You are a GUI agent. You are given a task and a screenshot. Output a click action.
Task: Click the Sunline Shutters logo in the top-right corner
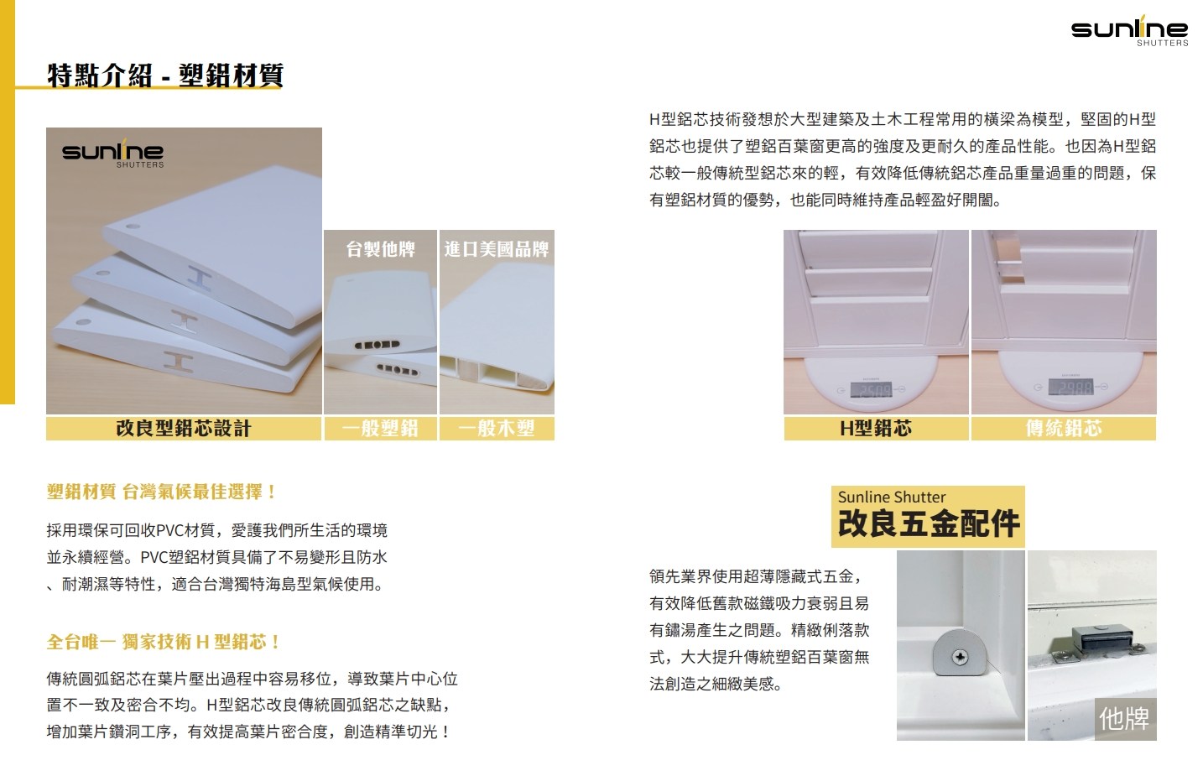pyautogui.click(x=1129, y=30)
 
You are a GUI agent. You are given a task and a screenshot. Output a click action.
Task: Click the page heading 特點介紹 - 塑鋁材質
pyautogui.click(x=165, y=76)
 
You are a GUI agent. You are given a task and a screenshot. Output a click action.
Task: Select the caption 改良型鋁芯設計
pyautogui.click(x=184, y=429)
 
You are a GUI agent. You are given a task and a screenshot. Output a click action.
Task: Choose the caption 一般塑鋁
pyautogui.click(x=380, y=429)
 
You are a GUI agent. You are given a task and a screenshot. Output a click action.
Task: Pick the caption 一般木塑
pyautogui.click(x=497, y=429)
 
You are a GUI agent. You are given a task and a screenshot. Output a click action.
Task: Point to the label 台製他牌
pyautogui.click(x=380, y=249)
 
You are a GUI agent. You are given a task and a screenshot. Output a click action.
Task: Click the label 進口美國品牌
pyautogui.click(x=497, y=249)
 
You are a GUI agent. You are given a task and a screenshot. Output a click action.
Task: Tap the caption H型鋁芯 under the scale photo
pyautogui.click(x=876, y=429)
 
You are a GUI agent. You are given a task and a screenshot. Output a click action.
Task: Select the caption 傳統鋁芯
pyautogui.click(x=1064, y=429)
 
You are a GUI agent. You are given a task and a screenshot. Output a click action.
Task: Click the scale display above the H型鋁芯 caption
pyautogui.click(x=871, y=389)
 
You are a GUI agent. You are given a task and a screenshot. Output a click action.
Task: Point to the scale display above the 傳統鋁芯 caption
pyautogui.click(x=1070, y=387)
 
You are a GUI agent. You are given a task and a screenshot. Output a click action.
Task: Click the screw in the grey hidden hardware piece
pyautogui.click(x=961, y=657)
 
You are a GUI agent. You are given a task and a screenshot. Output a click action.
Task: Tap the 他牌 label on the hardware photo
pyautogui.click(x=1124, y=719)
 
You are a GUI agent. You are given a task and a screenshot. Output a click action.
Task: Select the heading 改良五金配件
pyautogui.click(x=929, y=523)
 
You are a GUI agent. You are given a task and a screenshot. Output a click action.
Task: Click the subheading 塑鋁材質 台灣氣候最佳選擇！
pyautogui.click(x=161, y=492)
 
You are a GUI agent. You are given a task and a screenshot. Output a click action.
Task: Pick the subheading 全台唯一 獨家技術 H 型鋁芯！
pyautogui.click(x=164, y=642)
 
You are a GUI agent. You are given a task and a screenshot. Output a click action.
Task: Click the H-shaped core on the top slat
pyautogui.click(x=200, y=279)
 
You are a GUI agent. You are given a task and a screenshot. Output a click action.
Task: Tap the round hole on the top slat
pyautogui.click(x=133, y=227)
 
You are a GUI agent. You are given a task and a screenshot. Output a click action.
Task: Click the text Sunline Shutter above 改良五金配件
pyautogui.click(x=892, y=497)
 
